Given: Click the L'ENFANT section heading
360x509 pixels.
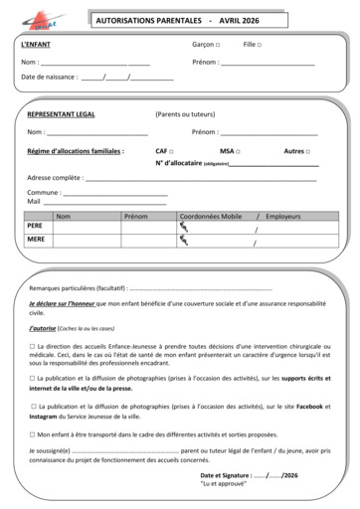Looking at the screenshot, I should [x=38, y=46].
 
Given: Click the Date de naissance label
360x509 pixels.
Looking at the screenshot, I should [x=50, y=77].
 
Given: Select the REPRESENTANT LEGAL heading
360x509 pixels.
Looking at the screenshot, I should [x=62, y=115].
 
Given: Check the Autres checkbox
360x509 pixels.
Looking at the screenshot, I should [x=307, y=151].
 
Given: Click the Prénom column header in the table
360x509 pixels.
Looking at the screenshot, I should [x=135, y=216].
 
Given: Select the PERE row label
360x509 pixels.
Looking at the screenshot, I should [x=36, y=227].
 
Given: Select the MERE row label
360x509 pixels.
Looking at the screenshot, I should [x=36, y=240].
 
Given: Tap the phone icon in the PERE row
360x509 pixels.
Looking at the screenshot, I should [x=183, y=227].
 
